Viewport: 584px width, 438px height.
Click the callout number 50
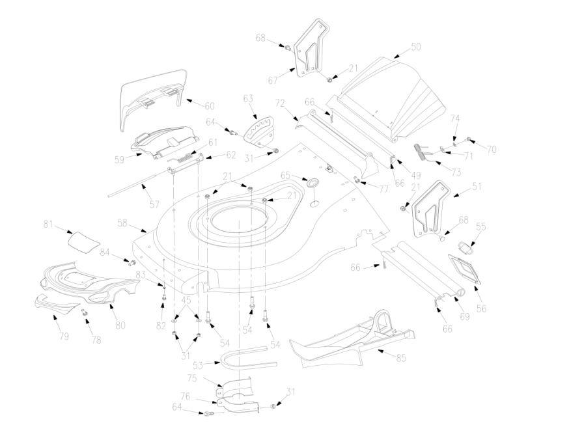pyautogui.click(x=416, y=48)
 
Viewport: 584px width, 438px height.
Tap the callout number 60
pyautogui.click(x=210, y=106)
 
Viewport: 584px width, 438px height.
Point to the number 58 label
pyautogui.click(x=122, y=223)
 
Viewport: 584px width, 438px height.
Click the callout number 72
pyautogui.click(x=281, y=103)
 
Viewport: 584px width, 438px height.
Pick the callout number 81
pyautogui.click(x=48, y=225)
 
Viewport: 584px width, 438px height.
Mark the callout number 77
pyautogui.click(x=383, y=189)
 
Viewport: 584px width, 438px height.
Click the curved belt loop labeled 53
pyautogui.click(x=244, y=358)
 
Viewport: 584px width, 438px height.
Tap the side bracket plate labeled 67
pyautogui.click(x=312, y=48)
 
